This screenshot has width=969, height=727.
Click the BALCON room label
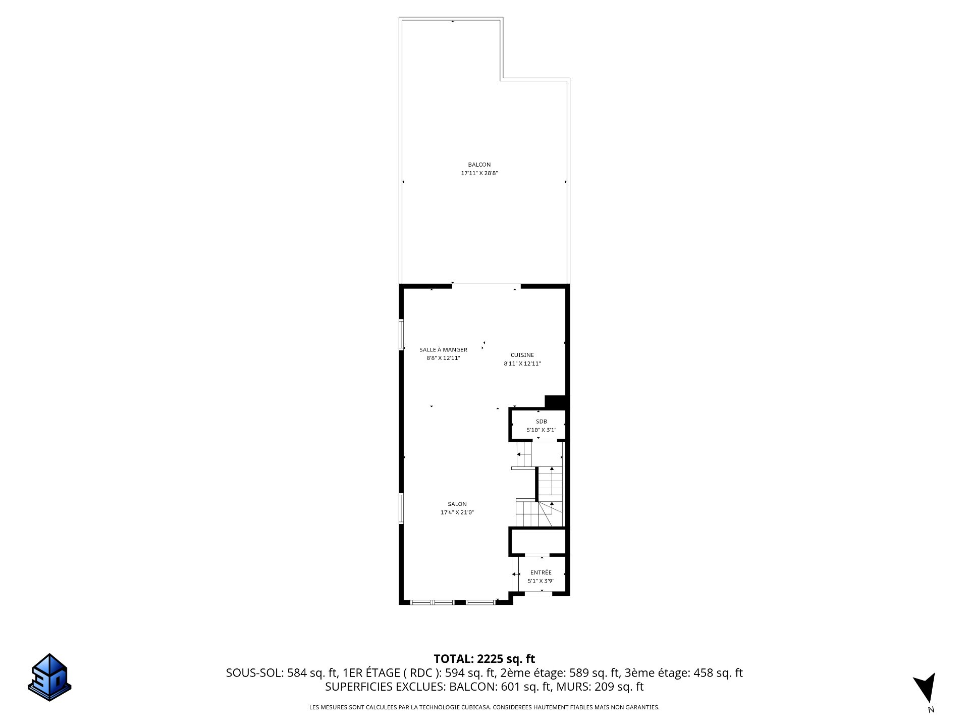479,165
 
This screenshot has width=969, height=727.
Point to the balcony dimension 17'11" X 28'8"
479,173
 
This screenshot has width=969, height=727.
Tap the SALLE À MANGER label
443,349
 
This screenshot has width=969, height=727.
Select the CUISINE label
522,355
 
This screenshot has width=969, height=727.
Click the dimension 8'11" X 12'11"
522,363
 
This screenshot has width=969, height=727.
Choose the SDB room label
541,422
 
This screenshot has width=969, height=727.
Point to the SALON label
457,504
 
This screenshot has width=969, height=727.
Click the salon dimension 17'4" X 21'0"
457,512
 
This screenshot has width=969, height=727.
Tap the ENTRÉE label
541,573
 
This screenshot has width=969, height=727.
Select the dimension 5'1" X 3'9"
541,581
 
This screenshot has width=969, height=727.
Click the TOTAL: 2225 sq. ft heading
484,659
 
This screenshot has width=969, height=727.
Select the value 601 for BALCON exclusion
509,687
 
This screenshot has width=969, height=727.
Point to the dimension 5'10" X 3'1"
541,430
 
